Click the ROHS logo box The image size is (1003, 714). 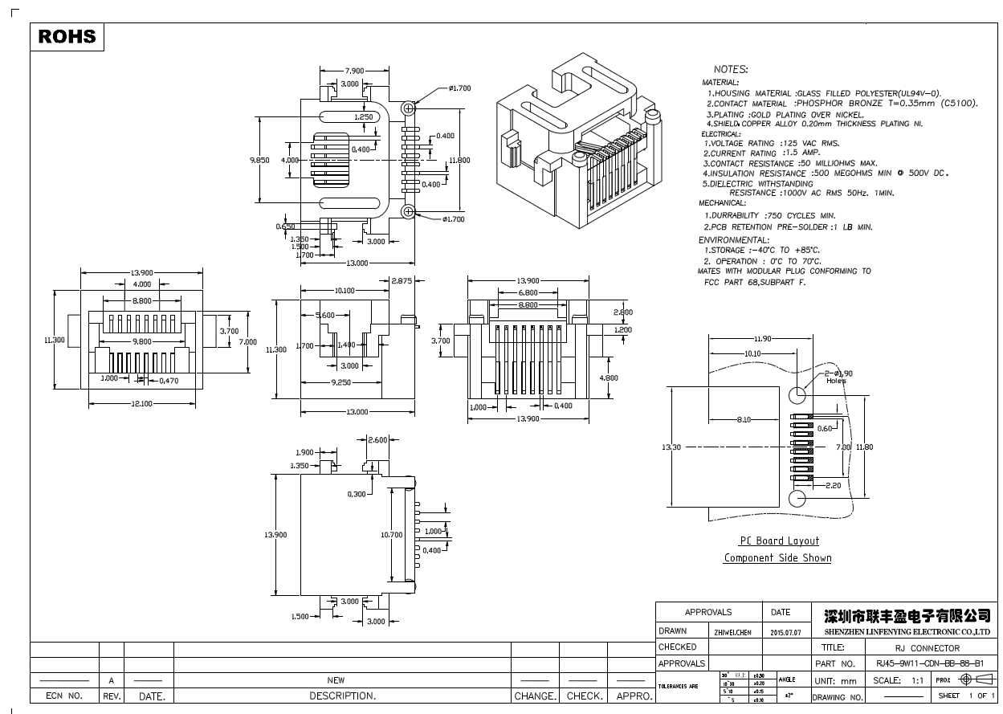(x=67, y=36)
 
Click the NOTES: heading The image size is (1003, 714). (x=730, y=70)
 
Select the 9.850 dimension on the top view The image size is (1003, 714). (x=259, y=160)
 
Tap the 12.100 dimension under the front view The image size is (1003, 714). (x=142, y=403)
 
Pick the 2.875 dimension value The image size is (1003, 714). (x=402, y=280)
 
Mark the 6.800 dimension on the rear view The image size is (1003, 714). (x=528, y=293)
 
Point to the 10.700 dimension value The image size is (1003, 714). (x=391, y=534)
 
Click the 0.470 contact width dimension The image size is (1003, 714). (x=168, y=381)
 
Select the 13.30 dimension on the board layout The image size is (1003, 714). (x=671, y=447)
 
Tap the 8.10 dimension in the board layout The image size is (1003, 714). (x=744, y=419)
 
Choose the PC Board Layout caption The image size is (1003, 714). (x=779, y=541)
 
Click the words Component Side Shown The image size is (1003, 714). (x=777, y=557)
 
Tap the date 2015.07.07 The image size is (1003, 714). (x=786, y=632)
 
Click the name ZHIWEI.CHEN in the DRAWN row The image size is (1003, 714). (x=732, y=632)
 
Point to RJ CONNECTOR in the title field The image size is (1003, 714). (x=927, y=647)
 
